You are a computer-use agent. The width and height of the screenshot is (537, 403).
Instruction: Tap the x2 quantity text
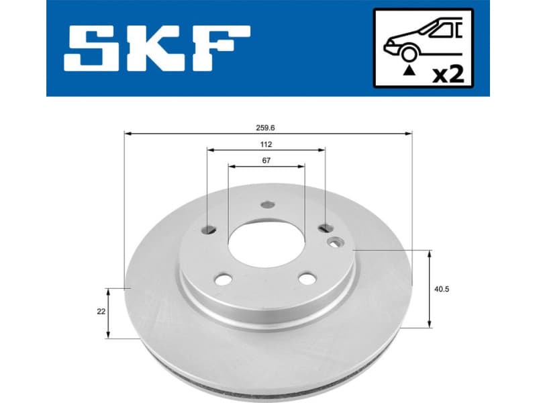[448, 73]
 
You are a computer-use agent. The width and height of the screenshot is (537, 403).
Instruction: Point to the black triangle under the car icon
[407, 69]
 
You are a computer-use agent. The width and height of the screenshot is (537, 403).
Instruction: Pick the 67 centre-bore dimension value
[266, 160]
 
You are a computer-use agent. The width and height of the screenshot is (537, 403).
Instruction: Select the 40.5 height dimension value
[441, 289]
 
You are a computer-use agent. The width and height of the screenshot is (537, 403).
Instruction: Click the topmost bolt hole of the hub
[267, 206]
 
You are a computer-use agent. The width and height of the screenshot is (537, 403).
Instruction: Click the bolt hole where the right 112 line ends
[326, 228]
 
